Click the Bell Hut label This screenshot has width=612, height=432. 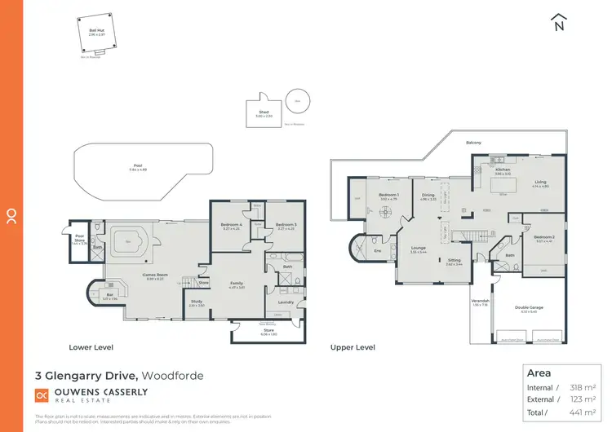pyautogui.click(x=95, y=31)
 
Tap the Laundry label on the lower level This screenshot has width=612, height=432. pyautogui.click(x=285, y=302)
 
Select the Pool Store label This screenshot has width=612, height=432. pyautogui.click(x=79, y=240)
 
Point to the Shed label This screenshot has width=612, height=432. pyautogui.click(x=264, y=112)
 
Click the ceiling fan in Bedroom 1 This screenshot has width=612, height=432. pyautogui.click(x=388, y=209)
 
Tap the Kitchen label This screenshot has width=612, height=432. pyautogui.click(x=503, y=170)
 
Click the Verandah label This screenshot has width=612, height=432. pyautogui.click(x=480, y=302)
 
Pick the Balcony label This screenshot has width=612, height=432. pyautogui.click(x=473, y=143)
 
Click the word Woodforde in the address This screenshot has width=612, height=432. pyautogui.click(x=173, y=376)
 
